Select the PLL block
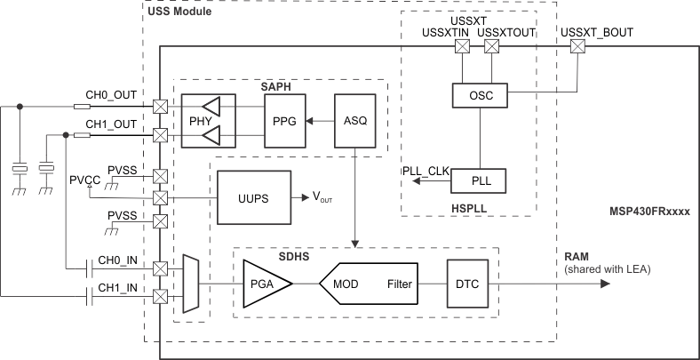pyautogui.click(x=479, y=181)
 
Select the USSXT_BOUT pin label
pyautogui.click(x=595, y=34)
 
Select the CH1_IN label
pyautogui.click(x=115, y=288)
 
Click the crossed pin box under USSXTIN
pyautogui.click(x=462, y=50)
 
